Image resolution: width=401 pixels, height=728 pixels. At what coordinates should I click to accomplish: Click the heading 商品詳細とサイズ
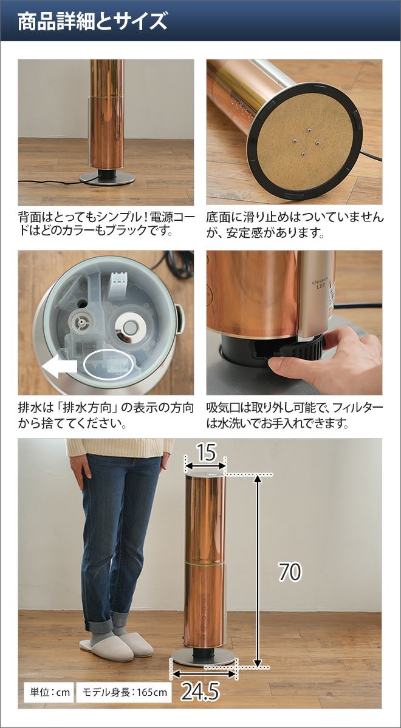click(92, 21)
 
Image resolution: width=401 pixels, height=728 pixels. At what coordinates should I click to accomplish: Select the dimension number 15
click(207, 452)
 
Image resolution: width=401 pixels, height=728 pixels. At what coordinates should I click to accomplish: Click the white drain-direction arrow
click(60, 366)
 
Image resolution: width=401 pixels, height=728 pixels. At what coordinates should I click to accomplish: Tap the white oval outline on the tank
click(108, 365)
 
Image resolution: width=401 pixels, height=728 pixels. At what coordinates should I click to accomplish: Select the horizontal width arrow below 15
click(205, 466)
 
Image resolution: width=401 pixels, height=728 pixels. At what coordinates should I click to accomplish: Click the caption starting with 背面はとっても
click(106, 224)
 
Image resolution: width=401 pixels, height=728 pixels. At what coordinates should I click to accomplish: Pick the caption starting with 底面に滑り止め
click(295, 225)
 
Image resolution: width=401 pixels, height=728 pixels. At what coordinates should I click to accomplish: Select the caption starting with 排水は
click(106, 416)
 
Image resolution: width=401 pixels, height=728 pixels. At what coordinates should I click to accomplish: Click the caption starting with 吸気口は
click(295, 416)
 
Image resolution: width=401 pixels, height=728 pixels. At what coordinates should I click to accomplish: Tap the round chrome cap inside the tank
click(129, 326)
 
